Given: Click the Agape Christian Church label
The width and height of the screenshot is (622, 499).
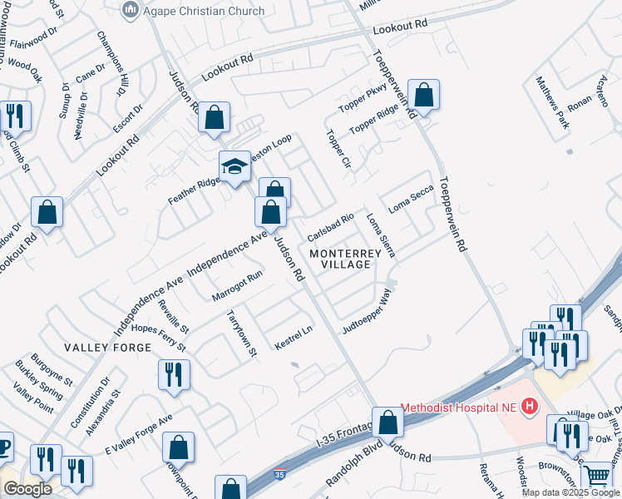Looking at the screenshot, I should [204, 11].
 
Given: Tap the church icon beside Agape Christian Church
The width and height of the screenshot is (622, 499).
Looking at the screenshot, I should [129, 10].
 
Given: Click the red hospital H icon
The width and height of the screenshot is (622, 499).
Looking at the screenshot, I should [528, 407].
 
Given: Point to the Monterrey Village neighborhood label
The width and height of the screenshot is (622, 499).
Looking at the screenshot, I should [339, 258].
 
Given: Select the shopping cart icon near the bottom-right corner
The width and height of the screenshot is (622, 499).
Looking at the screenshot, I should [596, 477].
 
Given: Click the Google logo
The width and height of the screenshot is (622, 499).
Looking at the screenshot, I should [27, 489].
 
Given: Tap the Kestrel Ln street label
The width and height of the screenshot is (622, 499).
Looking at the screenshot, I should [293, 335].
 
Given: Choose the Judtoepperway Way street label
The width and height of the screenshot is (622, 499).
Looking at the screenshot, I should [367, 312].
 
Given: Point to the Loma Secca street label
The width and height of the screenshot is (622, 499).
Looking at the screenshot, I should [411, 198].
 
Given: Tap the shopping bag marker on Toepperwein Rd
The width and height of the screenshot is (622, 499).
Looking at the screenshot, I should [423, 96].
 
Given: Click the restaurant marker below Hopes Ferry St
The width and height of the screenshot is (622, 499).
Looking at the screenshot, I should [174, 374].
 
